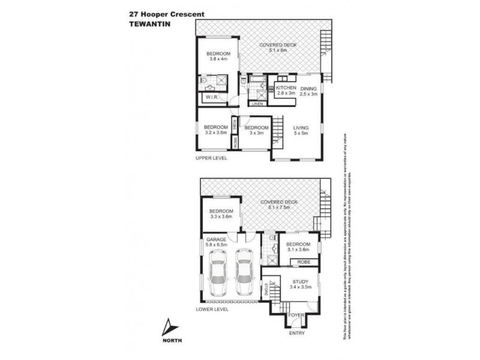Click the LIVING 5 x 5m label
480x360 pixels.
point(300,130)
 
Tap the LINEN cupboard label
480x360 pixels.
point(257,104)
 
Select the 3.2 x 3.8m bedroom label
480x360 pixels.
point(215,130)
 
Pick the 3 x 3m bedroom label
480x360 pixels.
point(256,130)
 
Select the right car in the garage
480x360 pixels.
point(244,273)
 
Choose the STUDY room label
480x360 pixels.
point(300,284)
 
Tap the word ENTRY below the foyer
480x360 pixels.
point(296,333)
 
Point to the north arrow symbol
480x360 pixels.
point(172,327)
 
